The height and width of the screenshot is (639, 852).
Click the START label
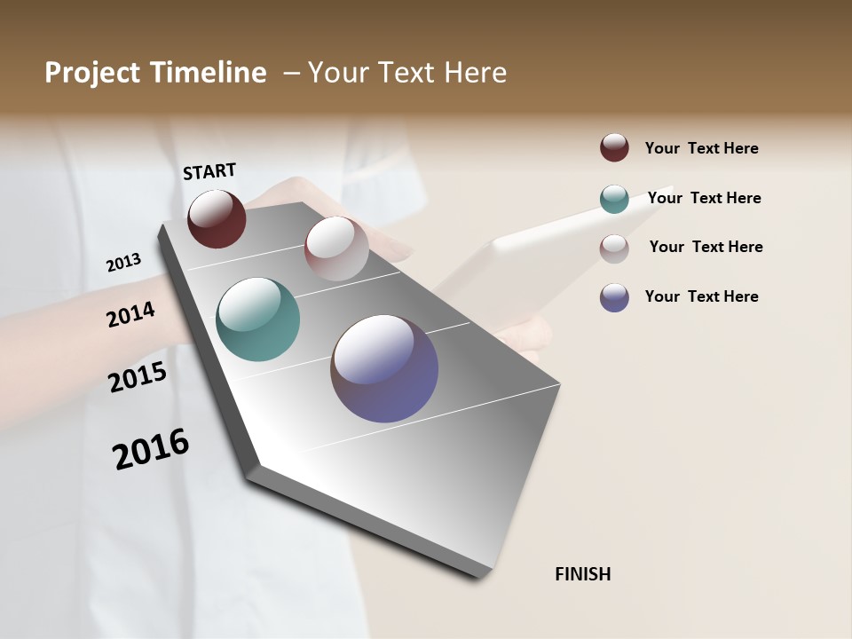point(209,171)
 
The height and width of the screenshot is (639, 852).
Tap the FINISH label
point(582,574)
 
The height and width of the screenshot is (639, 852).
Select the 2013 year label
point(123,263)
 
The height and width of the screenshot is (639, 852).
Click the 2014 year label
point(130,315)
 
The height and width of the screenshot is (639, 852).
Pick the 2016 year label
point(151,449)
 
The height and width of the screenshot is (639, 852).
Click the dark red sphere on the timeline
point(217,218)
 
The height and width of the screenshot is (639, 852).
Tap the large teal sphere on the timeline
point(257,319)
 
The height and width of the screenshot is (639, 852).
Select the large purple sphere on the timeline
point(384,368)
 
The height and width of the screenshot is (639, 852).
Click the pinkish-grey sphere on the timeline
point(336,248)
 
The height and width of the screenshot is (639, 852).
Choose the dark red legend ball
point(614,147)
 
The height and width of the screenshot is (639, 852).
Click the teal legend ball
point(614,199)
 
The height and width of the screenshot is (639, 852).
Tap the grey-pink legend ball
point(614,248)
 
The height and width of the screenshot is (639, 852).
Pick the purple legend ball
point(614,297)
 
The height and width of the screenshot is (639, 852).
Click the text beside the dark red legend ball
point(701,148)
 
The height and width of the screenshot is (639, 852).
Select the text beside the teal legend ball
point(704,198)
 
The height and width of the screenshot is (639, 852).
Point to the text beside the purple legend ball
point(701,296)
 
